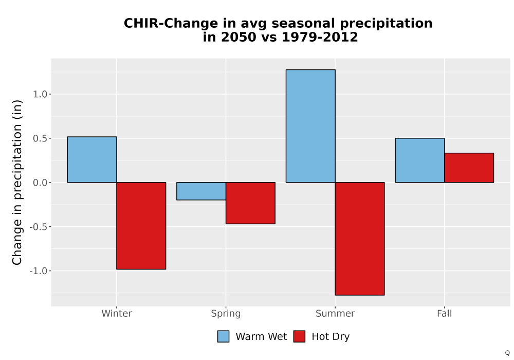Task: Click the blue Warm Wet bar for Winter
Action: tap(92, 159)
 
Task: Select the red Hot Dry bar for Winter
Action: tap(141, 226)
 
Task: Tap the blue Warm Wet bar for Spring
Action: tap(201, 191)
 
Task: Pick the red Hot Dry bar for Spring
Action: tap(250, 203)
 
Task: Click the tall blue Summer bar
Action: tap(310, 126)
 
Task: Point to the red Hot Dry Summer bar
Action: tap(360, 239)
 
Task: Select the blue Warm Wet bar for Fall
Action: tap(420, 160)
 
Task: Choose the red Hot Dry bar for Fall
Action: tap(469, 168)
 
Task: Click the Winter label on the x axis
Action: tap(117, 313)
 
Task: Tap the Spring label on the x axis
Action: tap(226, 314)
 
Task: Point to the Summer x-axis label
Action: tap(335, 313)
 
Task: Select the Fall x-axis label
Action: tap(445, 313)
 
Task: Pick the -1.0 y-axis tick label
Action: tap(39, 271)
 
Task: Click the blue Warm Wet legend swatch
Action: tap(223, 336)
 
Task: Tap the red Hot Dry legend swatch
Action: tap(299, 336)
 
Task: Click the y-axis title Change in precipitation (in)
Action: tap(17, 182)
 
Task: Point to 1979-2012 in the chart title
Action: tap(320, 37)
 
